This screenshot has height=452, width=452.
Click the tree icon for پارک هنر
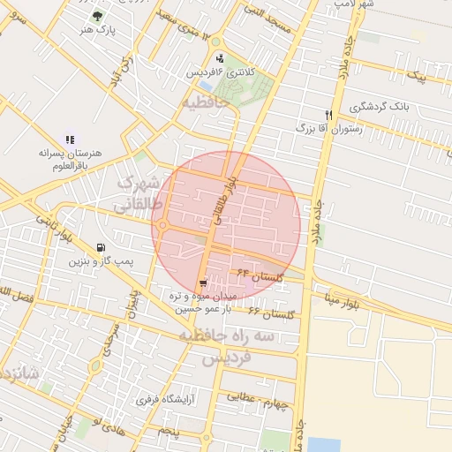[x=96, y=15]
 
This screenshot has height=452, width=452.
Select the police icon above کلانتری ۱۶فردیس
[x=220, y=59]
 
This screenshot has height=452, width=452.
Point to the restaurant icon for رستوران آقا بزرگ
[x=328, y=115]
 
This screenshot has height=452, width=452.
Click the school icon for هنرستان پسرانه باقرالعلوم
[x=70, y=139]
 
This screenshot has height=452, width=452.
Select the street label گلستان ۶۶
[x=266, y=313]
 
